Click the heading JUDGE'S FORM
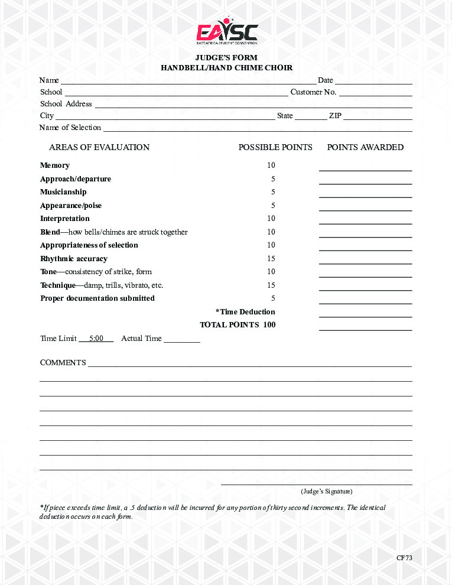226,58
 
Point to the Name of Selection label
70,128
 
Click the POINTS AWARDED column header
365,147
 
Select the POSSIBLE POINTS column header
275,147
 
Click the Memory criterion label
55,165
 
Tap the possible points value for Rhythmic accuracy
271,259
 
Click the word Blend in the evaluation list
50,232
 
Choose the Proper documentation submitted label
97,298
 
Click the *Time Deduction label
245,312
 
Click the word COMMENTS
63,363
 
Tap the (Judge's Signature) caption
326,491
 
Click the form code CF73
404,558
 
